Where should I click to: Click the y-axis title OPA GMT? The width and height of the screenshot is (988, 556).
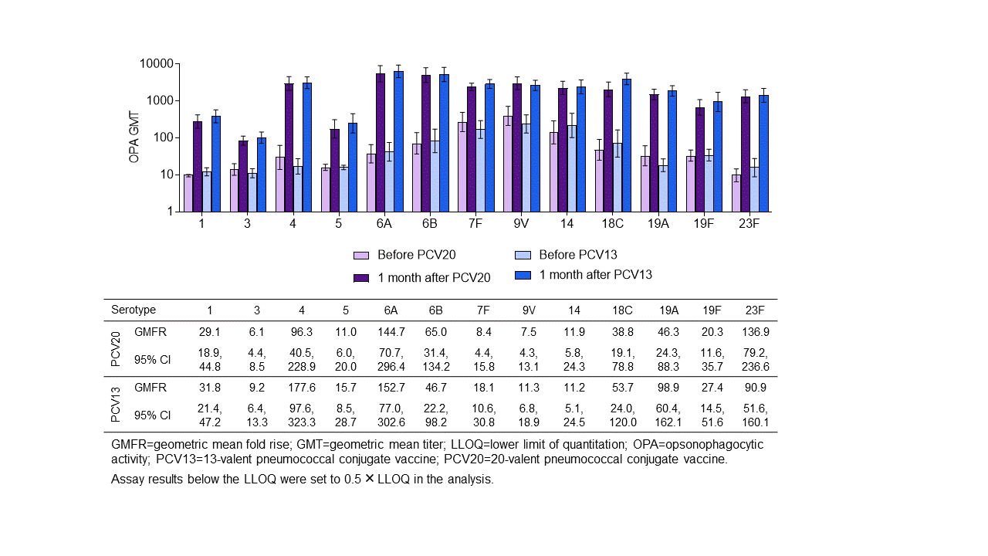[135, 137]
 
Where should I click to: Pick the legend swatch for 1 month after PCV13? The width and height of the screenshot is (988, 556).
[523, 275]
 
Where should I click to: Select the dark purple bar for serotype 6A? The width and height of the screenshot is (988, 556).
[381, 142]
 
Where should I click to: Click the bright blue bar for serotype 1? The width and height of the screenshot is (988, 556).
[216, 164]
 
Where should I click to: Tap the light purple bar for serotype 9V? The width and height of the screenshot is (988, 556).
[509, 164]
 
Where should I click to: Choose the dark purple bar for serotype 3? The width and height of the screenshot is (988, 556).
[243, 176]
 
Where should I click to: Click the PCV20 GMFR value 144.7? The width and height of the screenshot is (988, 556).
[391, 332]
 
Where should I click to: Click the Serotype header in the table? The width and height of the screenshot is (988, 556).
[134, 310]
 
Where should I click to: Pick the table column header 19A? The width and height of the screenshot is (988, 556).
[668, 310]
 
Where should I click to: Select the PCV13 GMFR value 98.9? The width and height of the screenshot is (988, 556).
[668, 388]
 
